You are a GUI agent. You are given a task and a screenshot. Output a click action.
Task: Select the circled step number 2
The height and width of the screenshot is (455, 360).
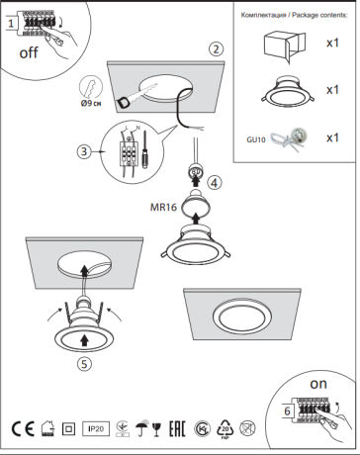pyautogui.click(x=216, y=48)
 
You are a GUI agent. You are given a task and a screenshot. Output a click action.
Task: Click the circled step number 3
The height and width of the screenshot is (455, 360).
pyautogui.click(x=86, y=151)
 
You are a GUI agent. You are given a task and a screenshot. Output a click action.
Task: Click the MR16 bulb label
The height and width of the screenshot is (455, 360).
pyautogui.click(x=163, y=208)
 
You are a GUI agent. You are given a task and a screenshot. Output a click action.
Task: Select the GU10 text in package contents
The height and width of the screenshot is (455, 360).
pyautogui.click(x=255, y=140)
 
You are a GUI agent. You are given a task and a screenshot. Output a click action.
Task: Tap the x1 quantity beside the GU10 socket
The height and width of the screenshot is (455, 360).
pyautogui.click(x=332, y=138)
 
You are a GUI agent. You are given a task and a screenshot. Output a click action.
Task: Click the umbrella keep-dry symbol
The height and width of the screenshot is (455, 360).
pyautogui.click(x=141, y=429)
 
